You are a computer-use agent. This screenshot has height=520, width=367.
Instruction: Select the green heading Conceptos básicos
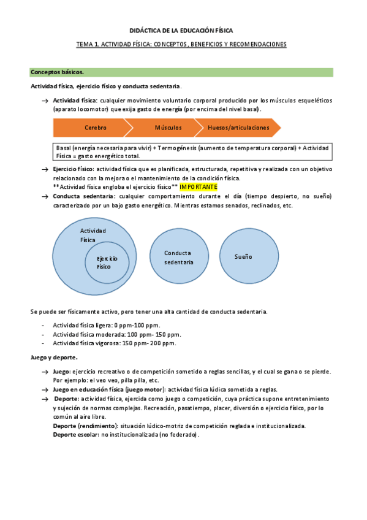coord(58,72)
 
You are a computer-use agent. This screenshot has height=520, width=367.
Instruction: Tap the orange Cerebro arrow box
coord(95,128)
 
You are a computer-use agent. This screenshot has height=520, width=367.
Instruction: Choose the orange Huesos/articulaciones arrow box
coord(238,128)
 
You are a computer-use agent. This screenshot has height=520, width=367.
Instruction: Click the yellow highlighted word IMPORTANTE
coord(199,187)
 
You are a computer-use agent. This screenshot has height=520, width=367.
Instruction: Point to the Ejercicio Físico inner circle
coord(106,262)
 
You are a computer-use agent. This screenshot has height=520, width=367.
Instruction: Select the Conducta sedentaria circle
coord(178,258)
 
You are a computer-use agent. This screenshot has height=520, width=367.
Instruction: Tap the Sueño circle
coord(243,257)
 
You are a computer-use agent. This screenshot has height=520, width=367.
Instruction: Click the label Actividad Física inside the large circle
coord(93,235)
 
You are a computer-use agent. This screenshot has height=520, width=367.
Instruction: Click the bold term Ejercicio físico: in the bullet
coord(74,169)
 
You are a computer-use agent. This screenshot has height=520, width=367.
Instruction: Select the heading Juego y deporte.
coord(55,357)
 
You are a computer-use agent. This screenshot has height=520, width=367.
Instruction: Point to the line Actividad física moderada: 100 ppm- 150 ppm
coord(116,334)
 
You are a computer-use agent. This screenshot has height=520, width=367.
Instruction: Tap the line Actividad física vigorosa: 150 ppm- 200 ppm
coord(115,343)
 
